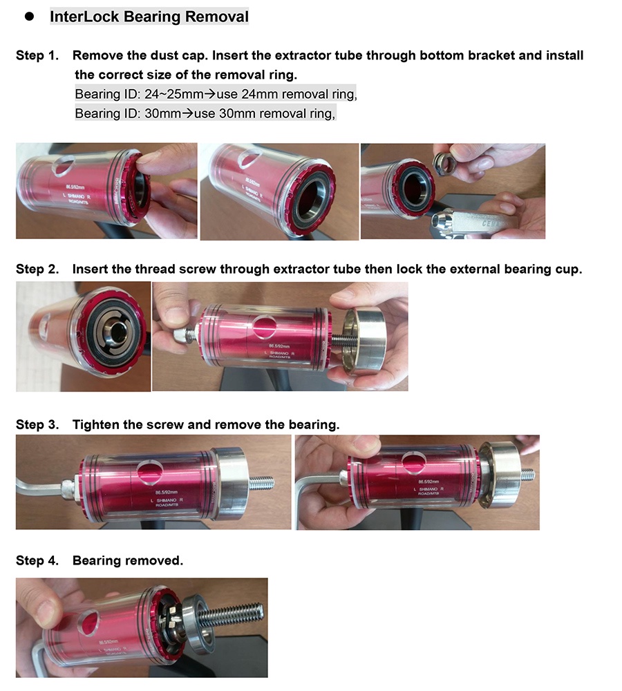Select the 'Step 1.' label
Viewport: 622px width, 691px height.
click(x=37, y=55)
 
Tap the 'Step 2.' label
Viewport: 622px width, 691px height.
click(x=37, y=269)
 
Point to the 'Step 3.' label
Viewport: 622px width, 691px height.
click(x=37, y=424)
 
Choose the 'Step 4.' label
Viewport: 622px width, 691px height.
click(x=37, y=560)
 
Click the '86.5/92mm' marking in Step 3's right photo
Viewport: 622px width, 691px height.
click(x=419, y=480)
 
